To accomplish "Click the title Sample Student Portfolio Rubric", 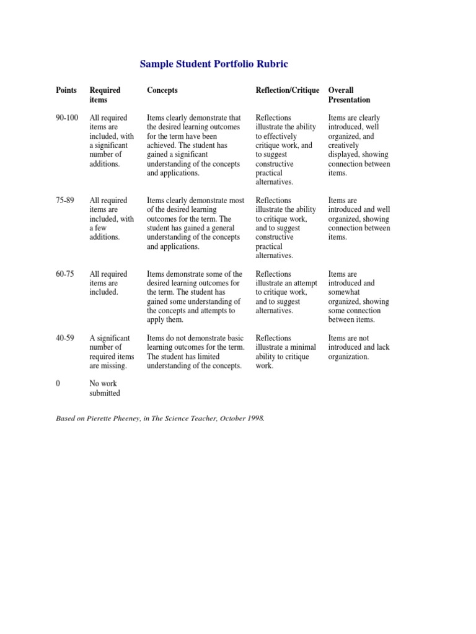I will click(214, 64).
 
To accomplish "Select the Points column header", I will click(66, 90).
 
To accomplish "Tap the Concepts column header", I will click(162, 90).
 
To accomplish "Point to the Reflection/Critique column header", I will click(288, 90).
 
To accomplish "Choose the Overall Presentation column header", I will click(349, 95).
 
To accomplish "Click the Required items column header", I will click(105, 95).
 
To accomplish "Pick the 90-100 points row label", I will click(67, 118).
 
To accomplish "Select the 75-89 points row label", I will click(65, 201).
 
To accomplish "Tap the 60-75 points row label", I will click(65, 274).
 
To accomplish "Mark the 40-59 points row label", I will click(65, 338).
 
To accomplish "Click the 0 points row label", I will click(58, 384).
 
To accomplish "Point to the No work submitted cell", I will click(105, 388).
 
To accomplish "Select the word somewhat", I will click(345, 292).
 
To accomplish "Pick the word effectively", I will click(281, 136).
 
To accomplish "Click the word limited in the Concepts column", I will click(211, 357).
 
